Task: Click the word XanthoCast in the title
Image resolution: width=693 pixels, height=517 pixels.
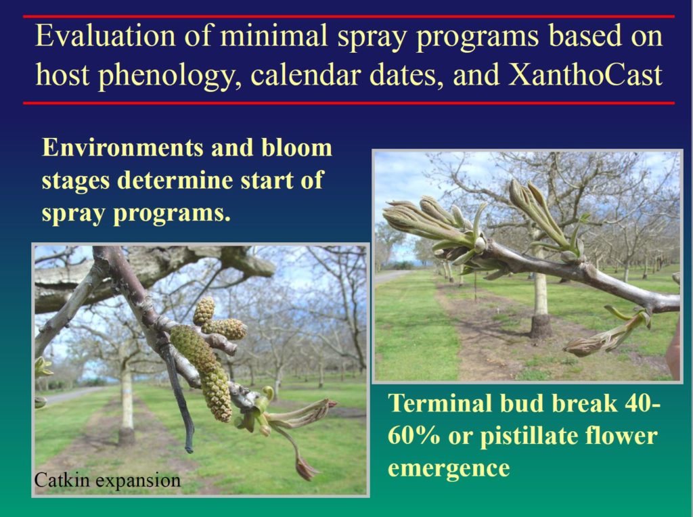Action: click(x=585, y=74)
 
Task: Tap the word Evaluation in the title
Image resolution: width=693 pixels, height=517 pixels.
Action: click(x=105, y=35)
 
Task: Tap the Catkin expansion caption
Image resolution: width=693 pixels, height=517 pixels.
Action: click(x=108, y=480)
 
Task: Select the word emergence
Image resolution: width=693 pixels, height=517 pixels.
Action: click(x=449, y=468)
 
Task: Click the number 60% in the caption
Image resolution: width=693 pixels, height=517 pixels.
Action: click(x=413, y=436)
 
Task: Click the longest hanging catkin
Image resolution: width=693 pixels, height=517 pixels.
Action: click(x=202, y=372)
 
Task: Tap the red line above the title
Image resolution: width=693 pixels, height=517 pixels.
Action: click(x=349, y=16)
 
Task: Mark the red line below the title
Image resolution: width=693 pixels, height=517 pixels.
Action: click(x=349, y=103)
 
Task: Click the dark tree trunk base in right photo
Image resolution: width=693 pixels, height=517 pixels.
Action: click(x=541, y=325)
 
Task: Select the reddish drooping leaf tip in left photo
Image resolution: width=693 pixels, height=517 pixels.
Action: click(x=306, y=470)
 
